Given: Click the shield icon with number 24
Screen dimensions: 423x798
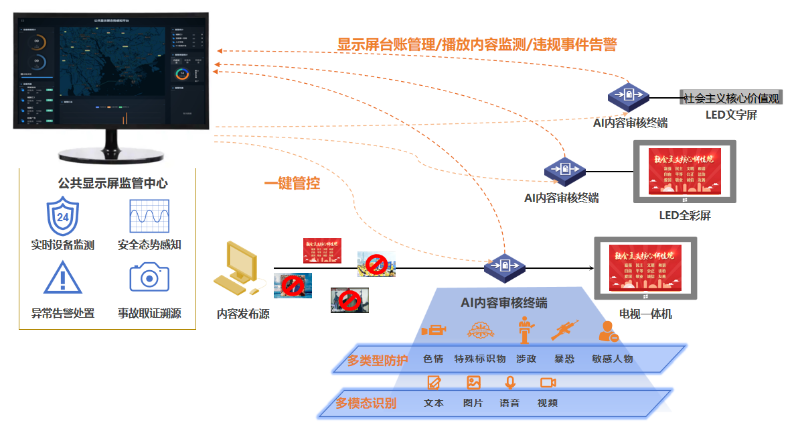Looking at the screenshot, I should coord(63,217).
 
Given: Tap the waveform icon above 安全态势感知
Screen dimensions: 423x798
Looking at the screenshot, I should coord(149,217).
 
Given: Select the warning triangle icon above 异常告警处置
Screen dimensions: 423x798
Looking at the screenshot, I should coord(63,278).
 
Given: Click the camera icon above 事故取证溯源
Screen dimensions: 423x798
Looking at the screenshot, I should coord(149,277).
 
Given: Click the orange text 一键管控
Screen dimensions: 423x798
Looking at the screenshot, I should coord(291,183).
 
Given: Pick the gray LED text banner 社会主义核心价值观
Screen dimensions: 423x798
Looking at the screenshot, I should coord(730,98).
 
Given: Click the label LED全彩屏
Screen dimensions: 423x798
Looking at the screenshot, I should coord(685,215).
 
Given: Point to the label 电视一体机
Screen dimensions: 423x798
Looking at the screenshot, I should coord(645,314).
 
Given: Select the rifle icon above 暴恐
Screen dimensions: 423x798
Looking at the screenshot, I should coord(564,330).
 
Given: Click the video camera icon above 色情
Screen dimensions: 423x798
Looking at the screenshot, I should coord(433,331).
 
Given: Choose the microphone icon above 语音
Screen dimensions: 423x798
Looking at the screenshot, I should coord(510,383).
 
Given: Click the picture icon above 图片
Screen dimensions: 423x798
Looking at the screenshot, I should coord(473,383).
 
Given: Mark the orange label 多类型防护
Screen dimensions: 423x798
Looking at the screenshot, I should coord(377,361).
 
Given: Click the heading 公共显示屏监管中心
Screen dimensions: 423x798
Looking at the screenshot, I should coord(112,183).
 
